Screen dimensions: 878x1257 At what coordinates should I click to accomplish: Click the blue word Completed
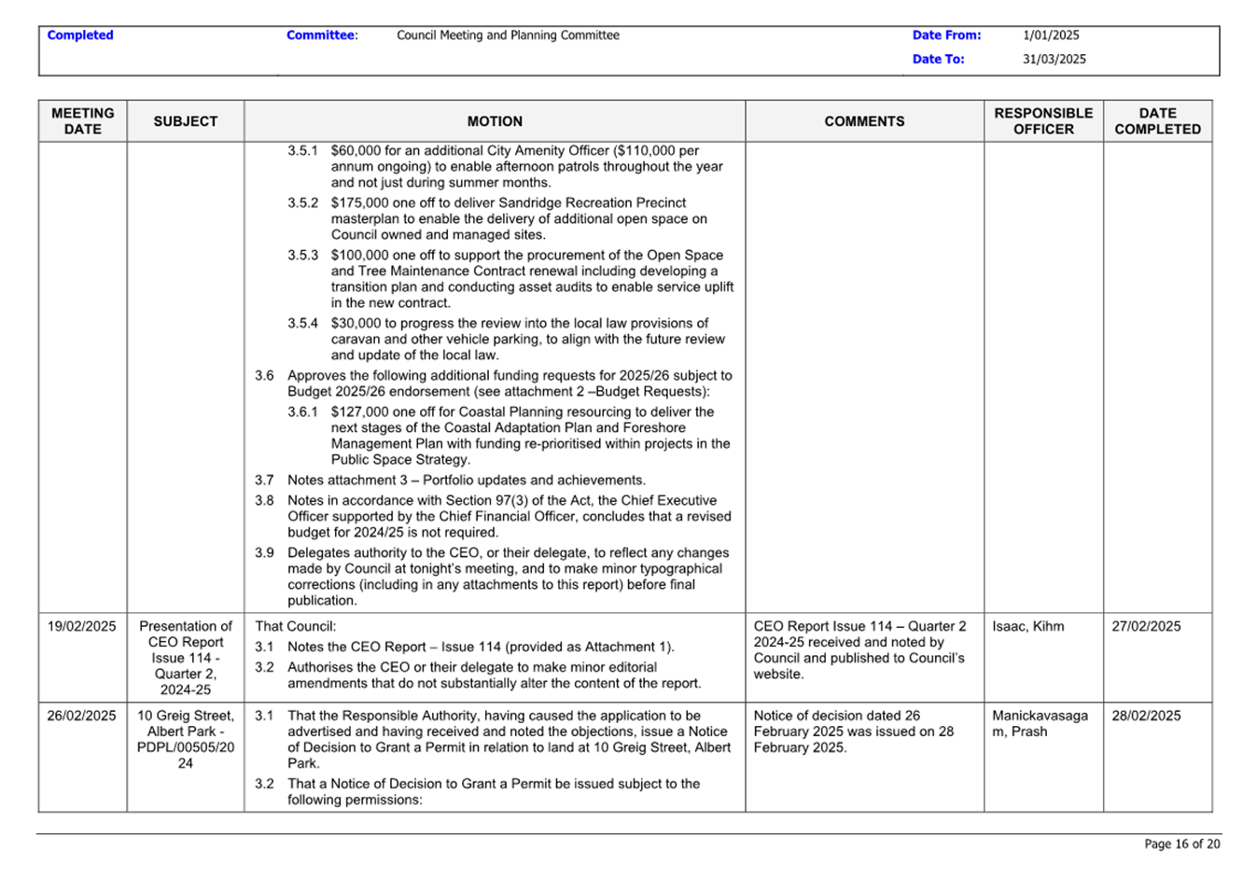(80, 35)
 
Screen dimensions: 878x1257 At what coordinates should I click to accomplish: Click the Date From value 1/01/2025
(1051, 35)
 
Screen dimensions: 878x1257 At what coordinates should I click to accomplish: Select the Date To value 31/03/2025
(1054, 59)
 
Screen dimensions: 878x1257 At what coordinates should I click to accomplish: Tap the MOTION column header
(495, 121)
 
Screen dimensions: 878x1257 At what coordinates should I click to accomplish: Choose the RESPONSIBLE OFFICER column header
(1043, 121)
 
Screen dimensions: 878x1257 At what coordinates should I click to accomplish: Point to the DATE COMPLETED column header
(1157, 121)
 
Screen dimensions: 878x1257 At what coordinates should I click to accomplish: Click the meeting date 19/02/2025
(82, 626)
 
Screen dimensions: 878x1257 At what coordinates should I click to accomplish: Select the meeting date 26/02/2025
(82, 716)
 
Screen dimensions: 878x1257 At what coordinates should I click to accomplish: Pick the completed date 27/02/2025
(1146, 626)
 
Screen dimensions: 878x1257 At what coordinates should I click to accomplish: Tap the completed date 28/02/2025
(1146, 716)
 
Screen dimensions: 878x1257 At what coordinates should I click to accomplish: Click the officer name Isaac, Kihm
(1027, 626)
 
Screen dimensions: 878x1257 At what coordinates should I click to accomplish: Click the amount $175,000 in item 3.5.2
(356, 202)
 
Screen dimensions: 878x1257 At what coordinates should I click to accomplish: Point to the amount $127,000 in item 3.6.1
(356, 411)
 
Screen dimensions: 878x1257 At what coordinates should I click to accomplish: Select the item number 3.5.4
(302, 323)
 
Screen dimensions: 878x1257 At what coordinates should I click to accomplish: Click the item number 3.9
(265, 552)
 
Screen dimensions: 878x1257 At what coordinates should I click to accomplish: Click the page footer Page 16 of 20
(1181, 843)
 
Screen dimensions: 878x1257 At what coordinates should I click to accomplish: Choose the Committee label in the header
(321, 35)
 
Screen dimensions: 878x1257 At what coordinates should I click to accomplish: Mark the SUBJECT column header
(186, 121)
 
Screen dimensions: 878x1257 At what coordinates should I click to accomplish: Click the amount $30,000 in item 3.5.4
(353, 323)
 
